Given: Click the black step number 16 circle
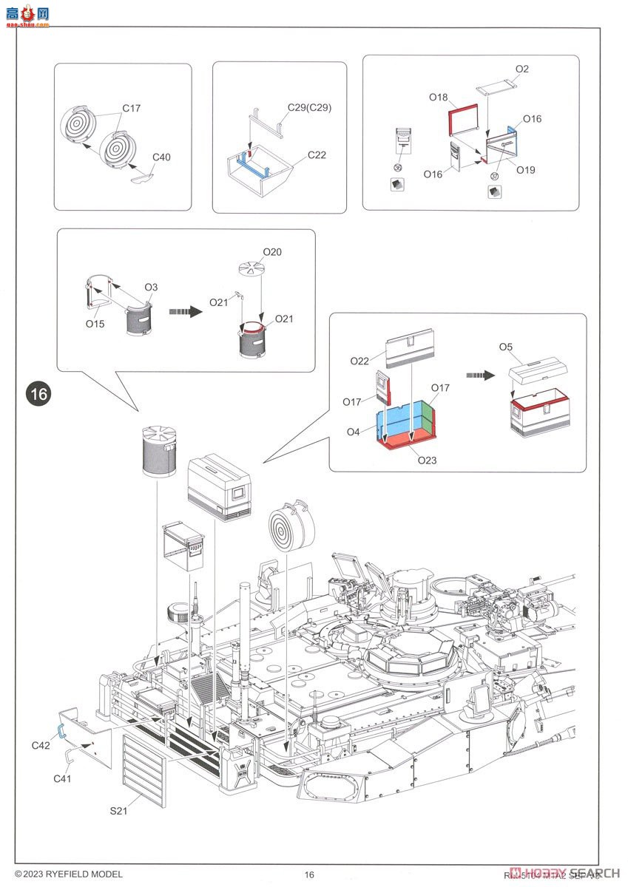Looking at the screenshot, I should tap(38, 394).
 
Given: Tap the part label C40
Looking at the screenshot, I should tap(162, 157).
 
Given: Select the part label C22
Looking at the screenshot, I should tap(316, 155).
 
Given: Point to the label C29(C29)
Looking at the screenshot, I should tap(310, 107).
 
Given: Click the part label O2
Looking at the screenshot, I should tap(522, 69).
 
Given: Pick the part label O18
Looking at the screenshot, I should tap(439, 97).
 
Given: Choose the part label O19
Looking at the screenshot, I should tap(526, 170).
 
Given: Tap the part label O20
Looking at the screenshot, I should tap(271, 252).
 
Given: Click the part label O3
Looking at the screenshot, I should tap(151, 287).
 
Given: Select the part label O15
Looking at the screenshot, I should tap(94, 323).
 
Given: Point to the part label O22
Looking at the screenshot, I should tap(359, 361).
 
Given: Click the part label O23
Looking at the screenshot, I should tap(427, 460).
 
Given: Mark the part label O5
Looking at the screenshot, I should tap(505, 346).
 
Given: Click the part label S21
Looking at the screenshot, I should tap(119, 812).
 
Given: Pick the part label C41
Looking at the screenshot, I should tap(63, 778).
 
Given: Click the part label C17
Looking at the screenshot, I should tap(132, 108).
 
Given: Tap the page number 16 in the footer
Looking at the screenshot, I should tap(309, 875).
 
